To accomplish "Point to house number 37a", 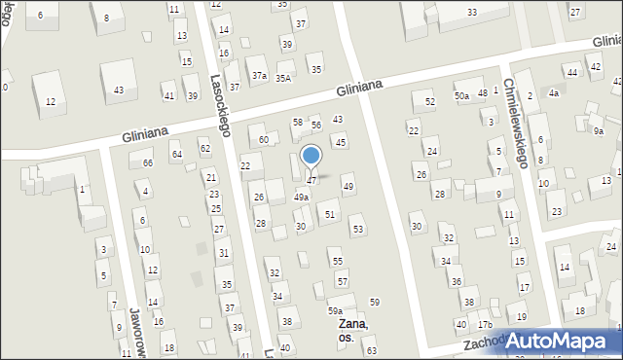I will coord(259,75).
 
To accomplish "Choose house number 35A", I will coord(283,78).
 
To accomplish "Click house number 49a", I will coord(302,198).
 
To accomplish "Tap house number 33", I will coord(471,12).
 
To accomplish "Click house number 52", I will coord(429,101).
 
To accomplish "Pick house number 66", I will coord(147,162).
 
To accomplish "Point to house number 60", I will coord(263,140).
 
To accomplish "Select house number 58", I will coord(298,122).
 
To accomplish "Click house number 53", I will coord(357,230).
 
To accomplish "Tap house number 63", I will coord(371,349).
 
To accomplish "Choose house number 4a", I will coord(554,93).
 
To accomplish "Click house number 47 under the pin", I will coord(311,180).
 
